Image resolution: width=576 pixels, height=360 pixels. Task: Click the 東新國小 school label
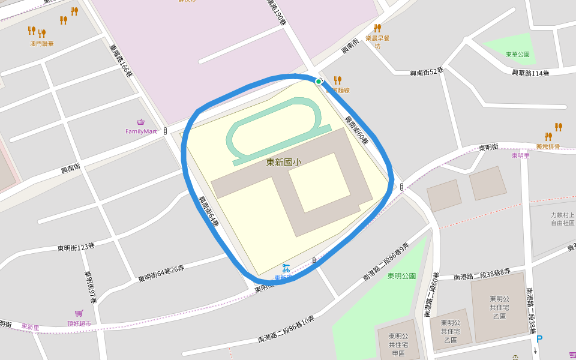point(284,162)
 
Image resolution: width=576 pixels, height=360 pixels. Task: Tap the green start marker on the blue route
point(319,82)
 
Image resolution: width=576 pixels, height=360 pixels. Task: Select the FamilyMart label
point(141,131)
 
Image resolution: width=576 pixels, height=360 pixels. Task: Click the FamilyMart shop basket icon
point(141,122)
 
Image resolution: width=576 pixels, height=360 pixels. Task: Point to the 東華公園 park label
point(518,54)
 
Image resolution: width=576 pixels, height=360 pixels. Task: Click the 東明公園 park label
point(401,276)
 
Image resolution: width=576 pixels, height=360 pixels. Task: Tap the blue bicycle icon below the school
point(286,268)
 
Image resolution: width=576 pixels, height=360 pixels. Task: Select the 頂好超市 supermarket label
point(79,323)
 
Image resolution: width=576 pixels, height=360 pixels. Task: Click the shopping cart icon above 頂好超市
point(79,313)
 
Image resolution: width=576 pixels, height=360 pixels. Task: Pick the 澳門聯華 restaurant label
point(42,43)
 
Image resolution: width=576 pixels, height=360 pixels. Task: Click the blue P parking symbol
point(539,339)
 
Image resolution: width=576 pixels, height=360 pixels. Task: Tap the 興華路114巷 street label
point(530,73)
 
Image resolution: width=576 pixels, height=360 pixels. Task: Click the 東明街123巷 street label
point(76,246)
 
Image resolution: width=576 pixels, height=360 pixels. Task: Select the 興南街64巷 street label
point(209,211)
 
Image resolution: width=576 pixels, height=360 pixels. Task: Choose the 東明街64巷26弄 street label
point(161,274)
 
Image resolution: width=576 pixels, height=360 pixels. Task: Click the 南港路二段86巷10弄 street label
point(286,329)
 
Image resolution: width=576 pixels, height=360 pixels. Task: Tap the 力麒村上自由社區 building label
point(563,218)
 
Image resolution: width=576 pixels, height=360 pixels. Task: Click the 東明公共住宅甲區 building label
point(397,345)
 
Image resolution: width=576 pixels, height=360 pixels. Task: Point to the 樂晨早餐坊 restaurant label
point(378,41)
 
